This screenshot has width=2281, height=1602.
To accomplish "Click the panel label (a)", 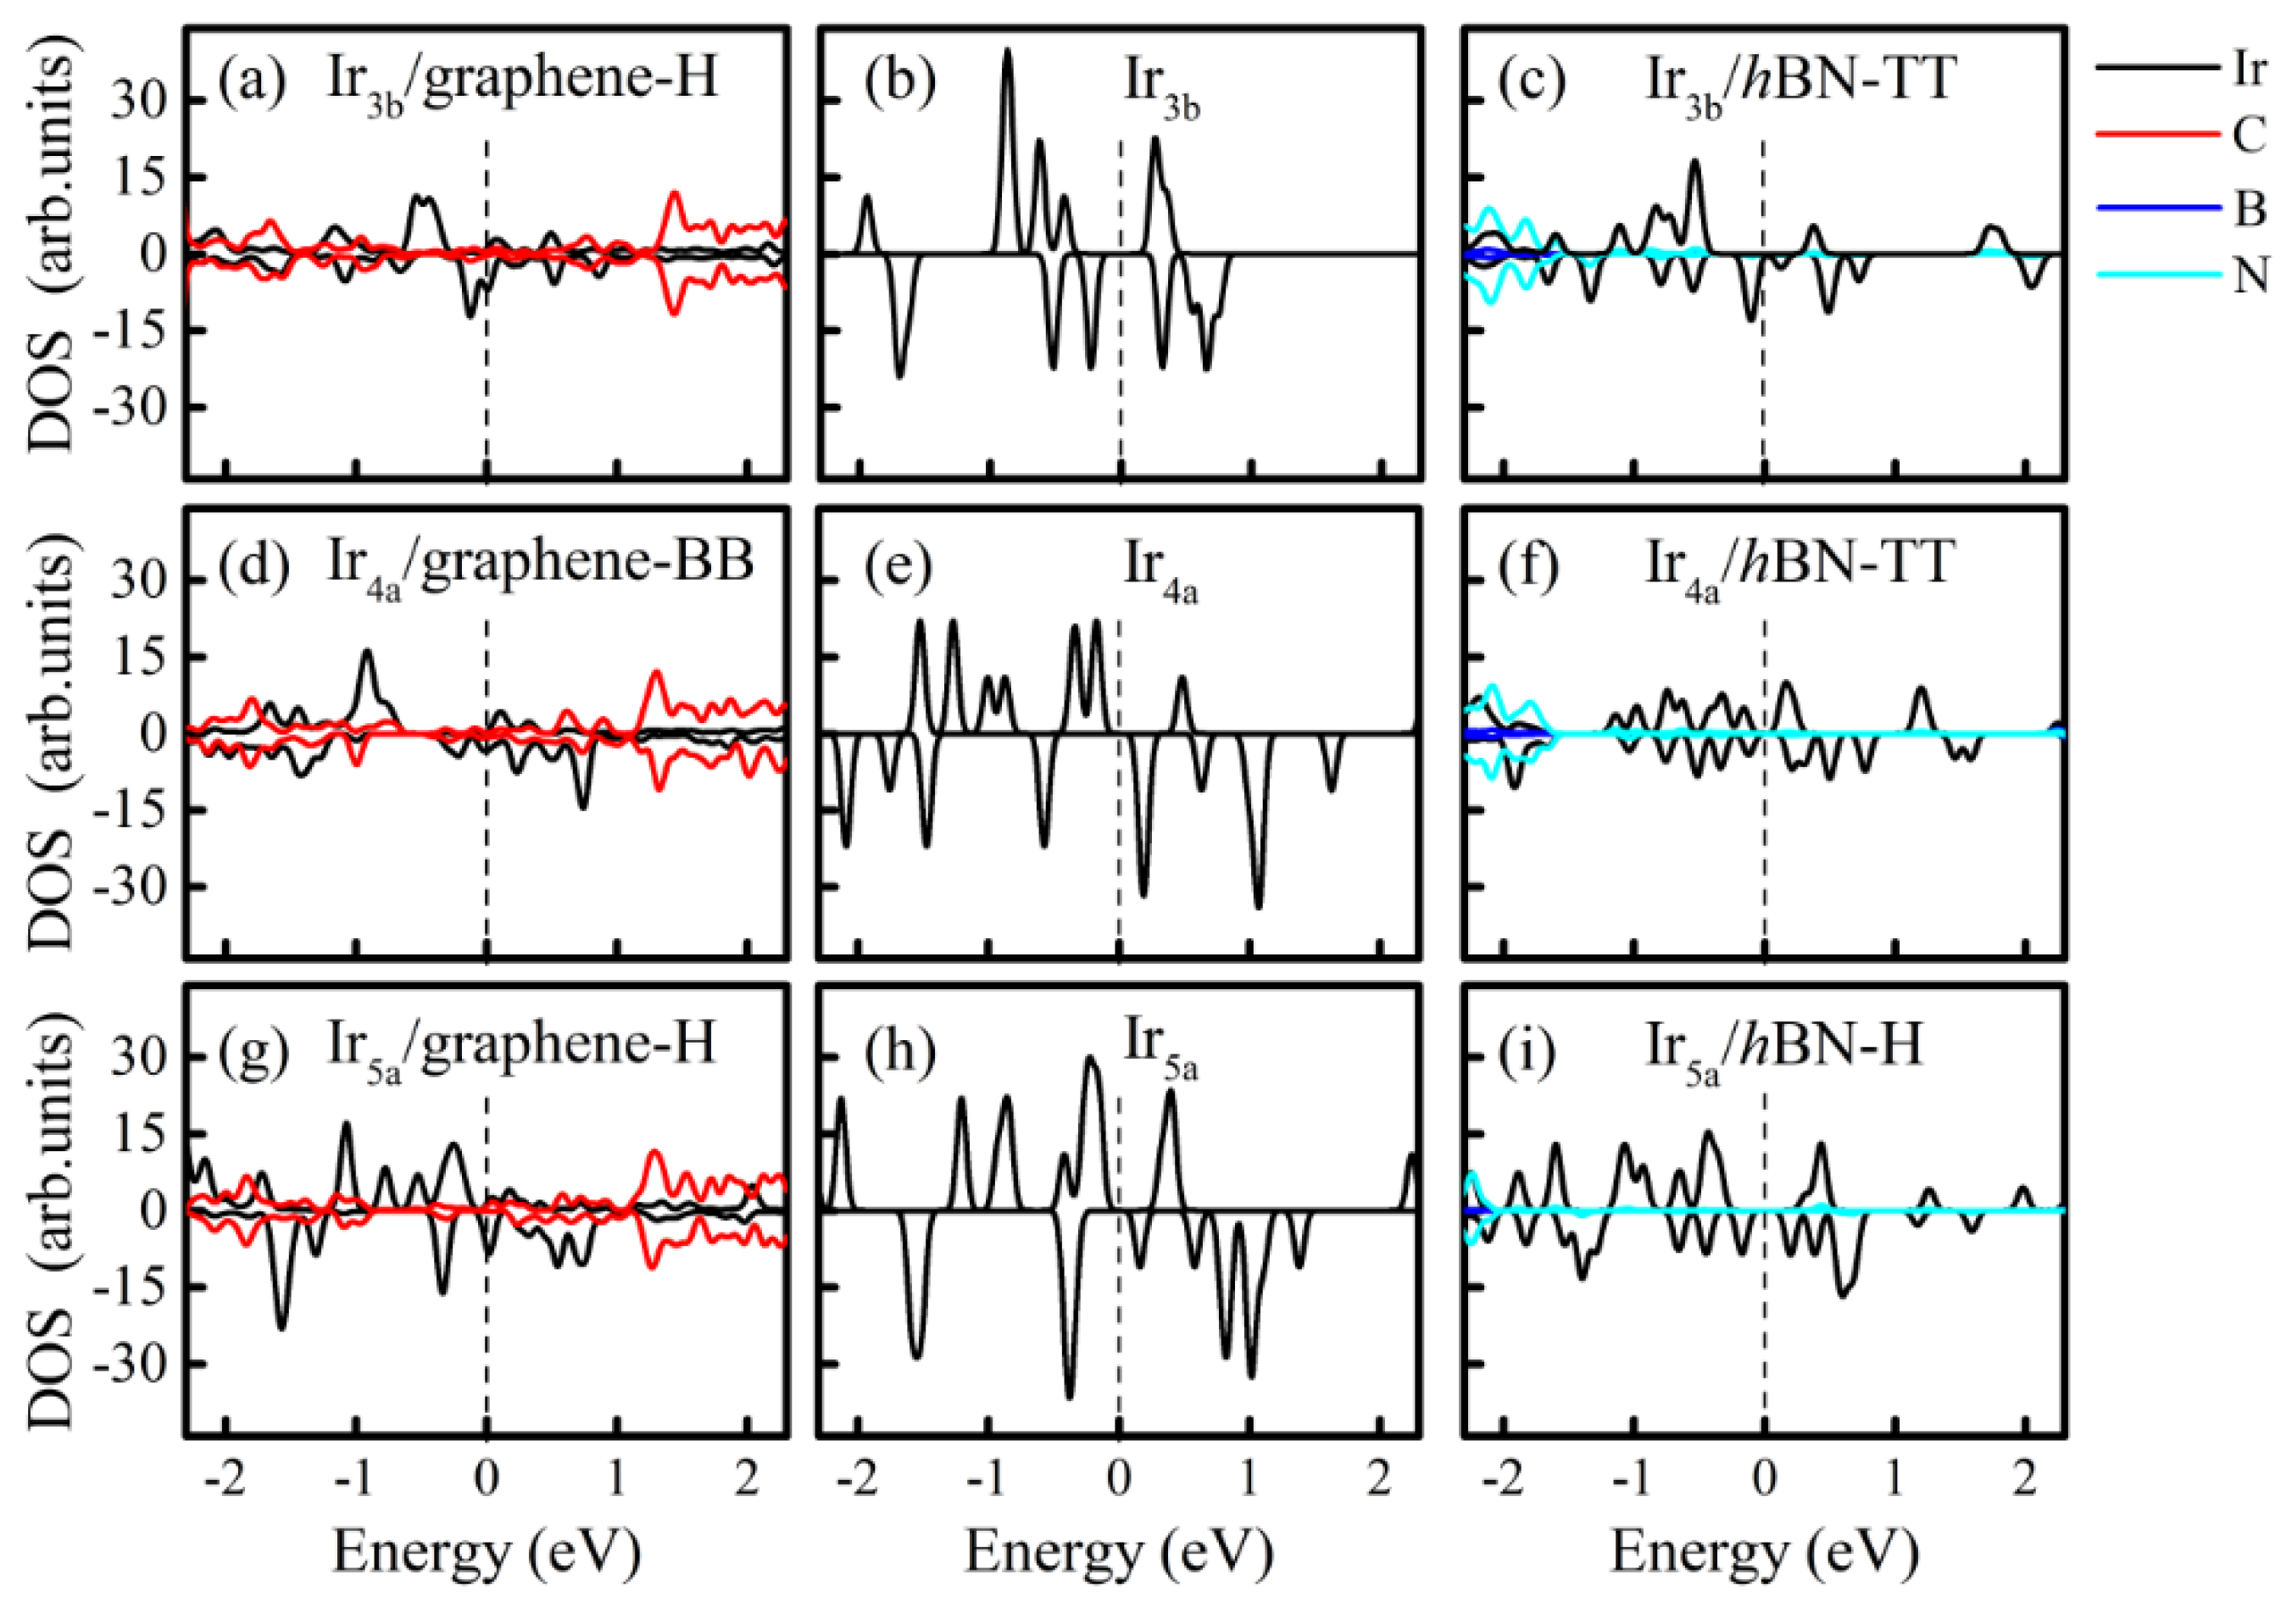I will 253,80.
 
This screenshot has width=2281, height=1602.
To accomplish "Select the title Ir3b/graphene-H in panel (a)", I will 521,81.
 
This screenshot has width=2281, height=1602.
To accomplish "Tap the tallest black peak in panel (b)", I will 1007,52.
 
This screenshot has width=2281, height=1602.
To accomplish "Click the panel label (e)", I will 898,565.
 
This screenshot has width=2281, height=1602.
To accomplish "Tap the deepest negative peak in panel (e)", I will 1259,906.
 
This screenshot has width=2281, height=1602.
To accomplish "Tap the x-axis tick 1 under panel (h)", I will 1249,1480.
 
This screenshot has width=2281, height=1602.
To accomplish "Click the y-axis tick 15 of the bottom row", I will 139,1133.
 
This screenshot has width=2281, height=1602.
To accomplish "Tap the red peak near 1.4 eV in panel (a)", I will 676,195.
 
